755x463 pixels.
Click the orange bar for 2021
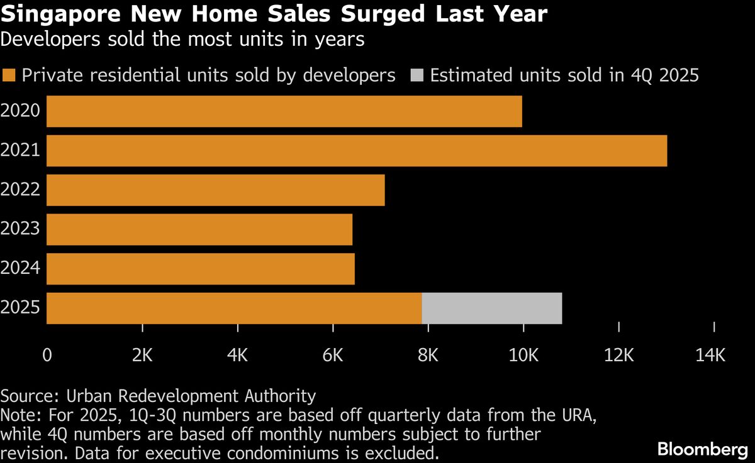[357, 151]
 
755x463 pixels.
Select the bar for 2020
[284, 111]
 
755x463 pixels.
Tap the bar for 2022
[216, 190]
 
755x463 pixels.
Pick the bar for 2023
[199, 229]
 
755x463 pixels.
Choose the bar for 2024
[201, 269]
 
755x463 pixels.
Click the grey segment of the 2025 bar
[492, 308]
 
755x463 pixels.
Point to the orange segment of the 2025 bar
[234, 308]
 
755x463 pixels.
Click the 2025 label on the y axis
[21, 308]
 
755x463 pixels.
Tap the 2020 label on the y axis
[21, 111]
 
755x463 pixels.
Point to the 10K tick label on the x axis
[523, 356]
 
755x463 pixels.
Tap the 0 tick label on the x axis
[47, 356]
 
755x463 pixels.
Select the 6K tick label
[332, 356]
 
